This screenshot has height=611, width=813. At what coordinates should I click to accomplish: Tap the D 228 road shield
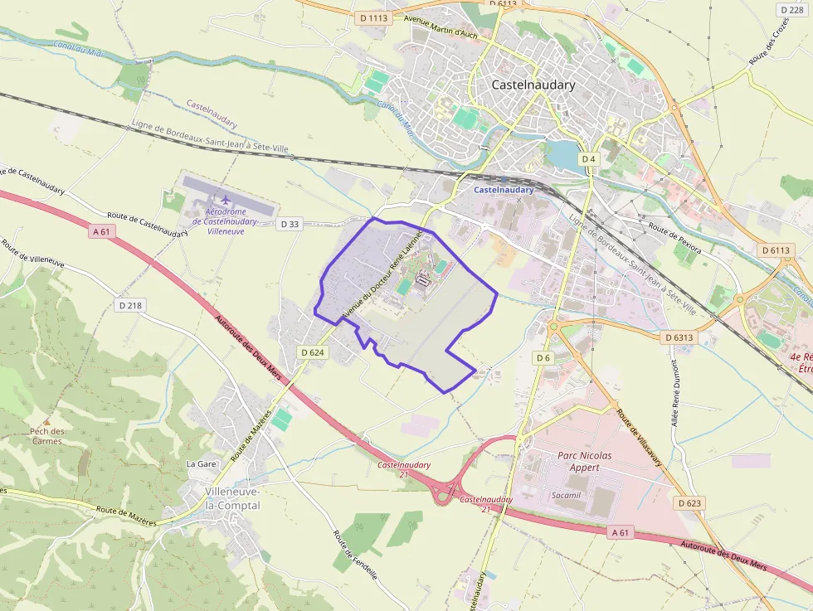[792, 9]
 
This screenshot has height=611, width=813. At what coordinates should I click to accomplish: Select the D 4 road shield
[588, 158]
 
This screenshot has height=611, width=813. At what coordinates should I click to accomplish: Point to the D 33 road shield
[290, 224]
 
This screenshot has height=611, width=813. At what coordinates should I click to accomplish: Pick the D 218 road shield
[130, 305]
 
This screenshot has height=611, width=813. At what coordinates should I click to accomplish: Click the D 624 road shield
[313, 352]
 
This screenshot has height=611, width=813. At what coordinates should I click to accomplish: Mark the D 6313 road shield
[679, 337]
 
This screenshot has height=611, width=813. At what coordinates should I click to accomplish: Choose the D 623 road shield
[689, 503]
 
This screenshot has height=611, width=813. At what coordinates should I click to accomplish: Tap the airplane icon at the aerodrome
[225, 200]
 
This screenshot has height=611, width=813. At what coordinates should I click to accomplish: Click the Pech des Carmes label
[47, 436]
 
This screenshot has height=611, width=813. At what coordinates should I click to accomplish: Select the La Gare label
[201, 463]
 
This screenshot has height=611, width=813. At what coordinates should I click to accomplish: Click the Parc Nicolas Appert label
[584, 461]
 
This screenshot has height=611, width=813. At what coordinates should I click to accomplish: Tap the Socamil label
[566, 495]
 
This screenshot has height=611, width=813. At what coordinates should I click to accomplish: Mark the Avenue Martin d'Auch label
[441, 27]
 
